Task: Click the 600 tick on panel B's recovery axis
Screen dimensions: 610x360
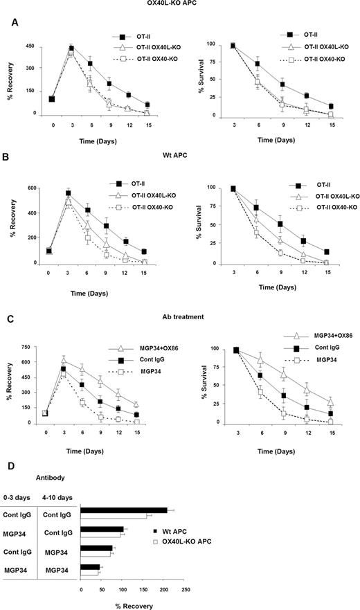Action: click(32, 190)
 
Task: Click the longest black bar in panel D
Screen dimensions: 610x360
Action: click(124, 510)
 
